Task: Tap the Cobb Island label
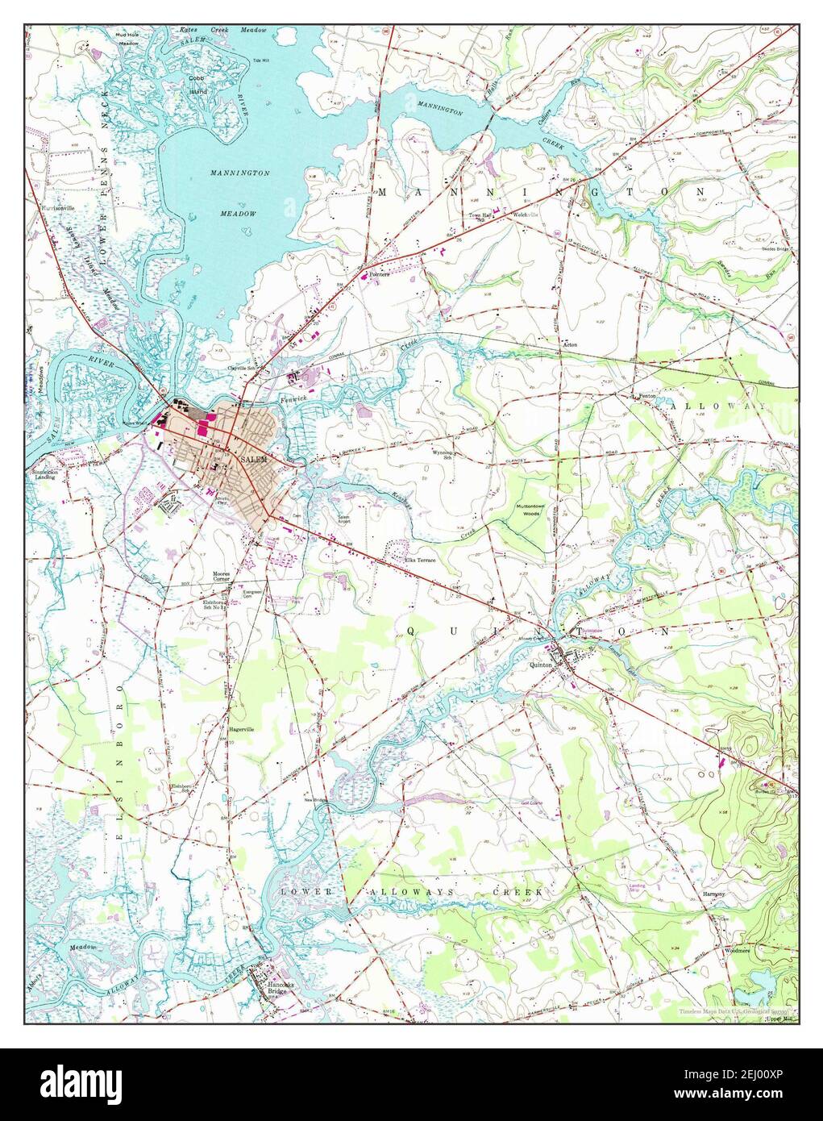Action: click(197, 85)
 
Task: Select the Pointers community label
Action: click(380, 274)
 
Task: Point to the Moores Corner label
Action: click(221, 577)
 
